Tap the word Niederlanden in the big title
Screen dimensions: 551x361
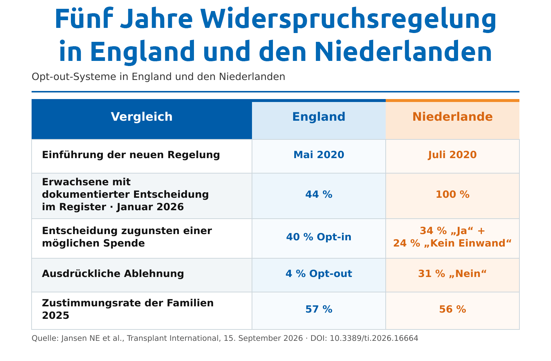[x=403, y=51]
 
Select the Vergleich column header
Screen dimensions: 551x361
[x=142, y=117]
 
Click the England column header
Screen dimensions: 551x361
[x=319, y=117]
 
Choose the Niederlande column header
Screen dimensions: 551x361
[x=453, y=117]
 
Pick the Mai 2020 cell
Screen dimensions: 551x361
[x=319, y=155]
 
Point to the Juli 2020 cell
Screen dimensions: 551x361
[x=452, y=155]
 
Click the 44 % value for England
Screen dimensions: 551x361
[x=319, y=195]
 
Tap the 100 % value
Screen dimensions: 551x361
[x=453, y=195]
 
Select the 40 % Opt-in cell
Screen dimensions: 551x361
[x=319, y=237]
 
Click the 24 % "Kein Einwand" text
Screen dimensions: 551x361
[x=452, y=243]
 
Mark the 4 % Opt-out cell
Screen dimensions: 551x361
[x=319, y=274]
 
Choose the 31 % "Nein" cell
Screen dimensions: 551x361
[x=452, y=274]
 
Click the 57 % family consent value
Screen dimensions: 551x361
[x=319, y=309]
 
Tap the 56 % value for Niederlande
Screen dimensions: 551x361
[x=453, y=309]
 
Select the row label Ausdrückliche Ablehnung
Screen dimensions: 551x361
[x=113, y=274]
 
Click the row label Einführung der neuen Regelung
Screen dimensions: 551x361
[x=131, y=155]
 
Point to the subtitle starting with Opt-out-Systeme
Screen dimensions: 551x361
[x=158, y=77]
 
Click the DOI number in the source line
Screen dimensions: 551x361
[x=374, y=338]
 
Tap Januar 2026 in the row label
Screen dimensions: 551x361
[x=150, y=207]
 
